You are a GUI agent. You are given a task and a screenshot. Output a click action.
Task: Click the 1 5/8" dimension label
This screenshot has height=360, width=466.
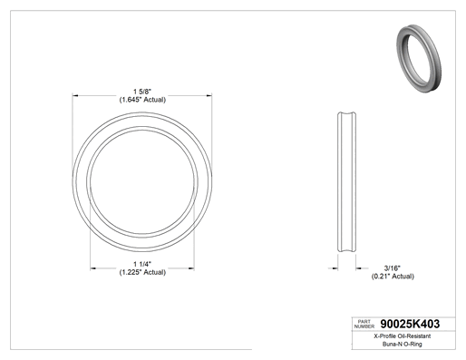point(142,92)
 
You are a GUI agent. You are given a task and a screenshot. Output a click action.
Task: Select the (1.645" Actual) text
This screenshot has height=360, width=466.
point(142,100)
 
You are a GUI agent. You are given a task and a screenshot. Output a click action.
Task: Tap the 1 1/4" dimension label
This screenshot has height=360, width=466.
point(142,264)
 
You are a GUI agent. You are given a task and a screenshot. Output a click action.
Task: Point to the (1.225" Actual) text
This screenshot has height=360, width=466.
point(142,272)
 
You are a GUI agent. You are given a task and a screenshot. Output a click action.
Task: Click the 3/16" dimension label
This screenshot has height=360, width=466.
point(393,268)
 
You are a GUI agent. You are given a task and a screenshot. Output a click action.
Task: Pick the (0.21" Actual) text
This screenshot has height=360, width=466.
point(393,277)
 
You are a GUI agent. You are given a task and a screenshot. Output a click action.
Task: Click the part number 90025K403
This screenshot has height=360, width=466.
point(410,324)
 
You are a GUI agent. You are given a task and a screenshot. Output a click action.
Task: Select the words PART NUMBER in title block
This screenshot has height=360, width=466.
point(364,324)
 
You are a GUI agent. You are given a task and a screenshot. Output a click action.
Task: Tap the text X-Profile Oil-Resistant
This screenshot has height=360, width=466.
point(403,336)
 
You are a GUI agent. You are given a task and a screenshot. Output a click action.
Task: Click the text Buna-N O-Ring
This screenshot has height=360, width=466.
point(403,344)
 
